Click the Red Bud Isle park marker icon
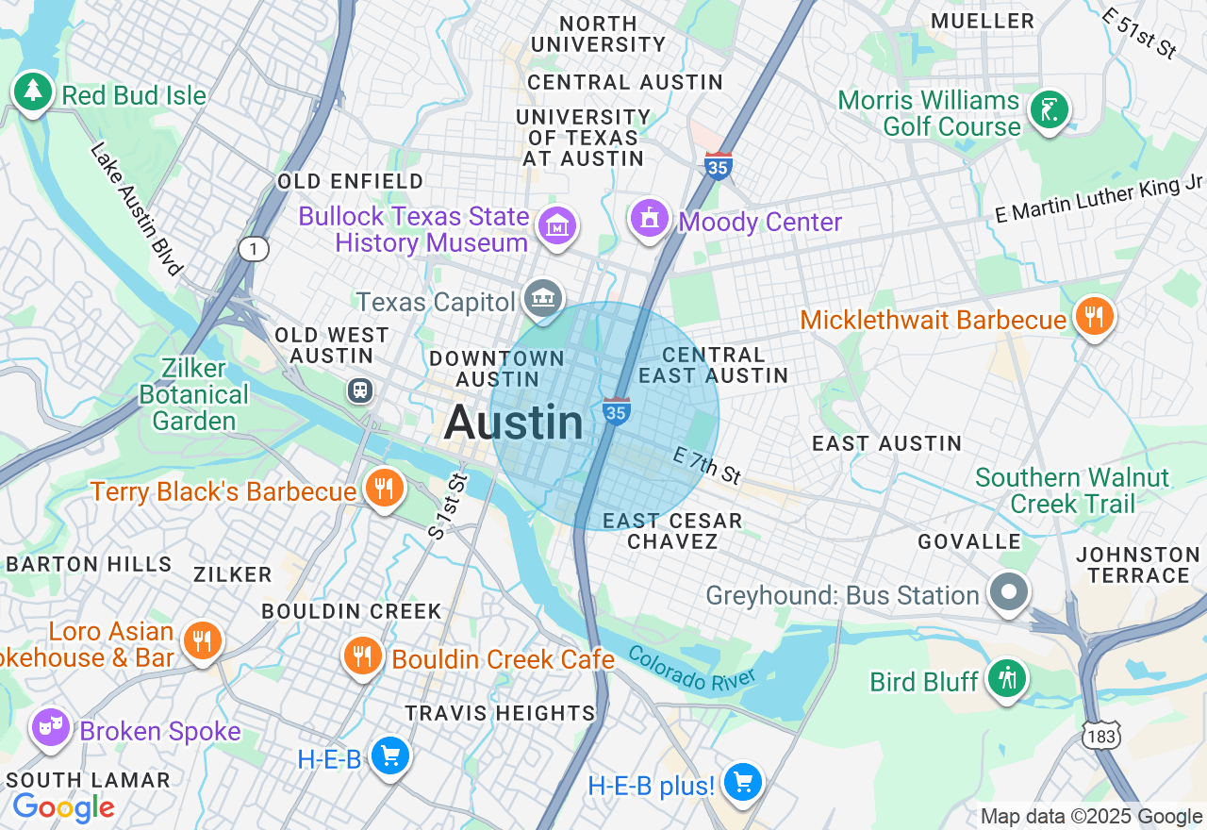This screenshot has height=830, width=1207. click(x=33, y=91)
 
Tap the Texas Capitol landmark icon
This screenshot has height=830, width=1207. click(x=544, y=299)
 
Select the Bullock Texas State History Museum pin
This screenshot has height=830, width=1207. click(x=556, y=225)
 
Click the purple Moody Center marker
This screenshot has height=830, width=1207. click(x=649, y=218)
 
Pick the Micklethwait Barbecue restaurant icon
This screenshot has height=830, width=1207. click(x=1094, y=316)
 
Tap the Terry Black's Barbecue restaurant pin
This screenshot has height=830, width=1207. click(x=384, y=488)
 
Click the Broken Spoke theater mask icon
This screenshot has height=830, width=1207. click(x=50, y=727)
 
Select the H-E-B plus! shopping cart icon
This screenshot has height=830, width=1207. click(x=743, y=782)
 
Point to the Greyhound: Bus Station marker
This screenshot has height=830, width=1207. click(x=1009, y=593)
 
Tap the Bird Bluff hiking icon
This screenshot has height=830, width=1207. click(x=1007, y=678)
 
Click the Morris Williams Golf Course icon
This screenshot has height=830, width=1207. click(x=1049, y=109)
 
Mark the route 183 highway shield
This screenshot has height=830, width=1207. click(x=1100, y=734)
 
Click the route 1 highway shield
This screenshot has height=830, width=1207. click(x=254, y=249)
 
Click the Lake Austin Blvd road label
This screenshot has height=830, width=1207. click(x=137, y=208)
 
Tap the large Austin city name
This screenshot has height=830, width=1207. click(x=514, y=422)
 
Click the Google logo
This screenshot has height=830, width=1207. click(x=63, y=807)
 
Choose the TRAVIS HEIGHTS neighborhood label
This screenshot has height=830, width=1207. click(x=500, y=713)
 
